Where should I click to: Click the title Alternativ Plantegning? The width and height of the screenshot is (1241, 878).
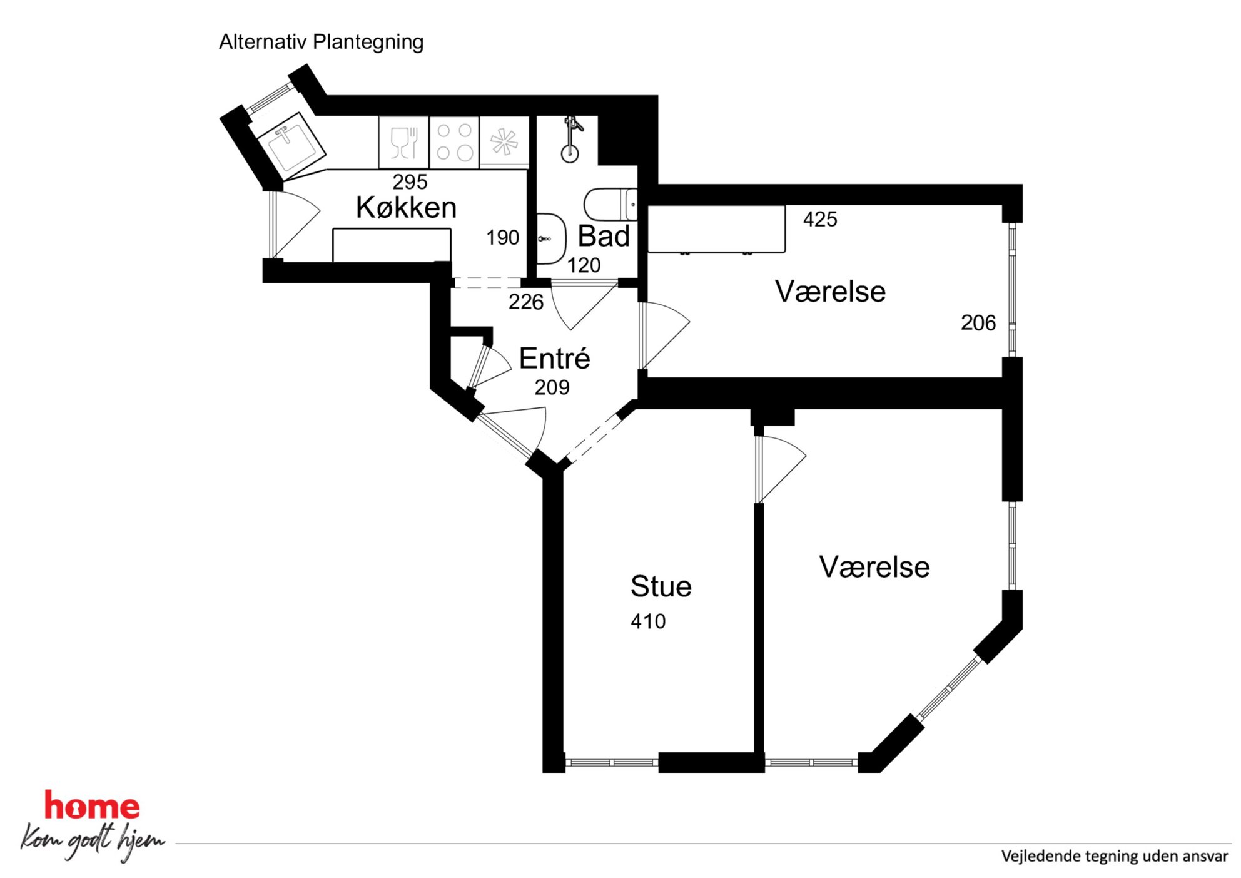[321, 43]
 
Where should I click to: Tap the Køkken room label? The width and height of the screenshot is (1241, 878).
[406, 207]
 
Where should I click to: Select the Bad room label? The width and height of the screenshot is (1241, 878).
[603, 236]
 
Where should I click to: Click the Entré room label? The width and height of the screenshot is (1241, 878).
[554, 358]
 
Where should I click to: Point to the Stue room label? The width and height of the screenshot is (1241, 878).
[661, 586]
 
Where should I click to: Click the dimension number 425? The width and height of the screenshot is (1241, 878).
[820, 219]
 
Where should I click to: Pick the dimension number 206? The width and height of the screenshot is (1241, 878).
[978, 323]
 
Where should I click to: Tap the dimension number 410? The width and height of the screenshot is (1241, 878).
[648, 621]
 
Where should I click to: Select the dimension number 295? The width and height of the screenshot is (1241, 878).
[410, 182]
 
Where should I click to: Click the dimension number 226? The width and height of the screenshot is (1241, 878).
[526, 302]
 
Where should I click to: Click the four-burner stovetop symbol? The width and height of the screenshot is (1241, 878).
[454, 142]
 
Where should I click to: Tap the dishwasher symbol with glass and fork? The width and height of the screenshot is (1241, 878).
[403, 142]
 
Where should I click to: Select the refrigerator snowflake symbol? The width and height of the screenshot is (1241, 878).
[504, 142]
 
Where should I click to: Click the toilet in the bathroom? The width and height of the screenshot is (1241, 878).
[610, 204]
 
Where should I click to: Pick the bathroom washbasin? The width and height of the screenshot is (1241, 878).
[551, 238]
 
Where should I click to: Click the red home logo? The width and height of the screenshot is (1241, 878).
[92, 805]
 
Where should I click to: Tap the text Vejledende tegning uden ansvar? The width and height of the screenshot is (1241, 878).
[1115, 856]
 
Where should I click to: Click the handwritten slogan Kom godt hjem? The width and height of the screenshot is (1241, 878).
[93, 840]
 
